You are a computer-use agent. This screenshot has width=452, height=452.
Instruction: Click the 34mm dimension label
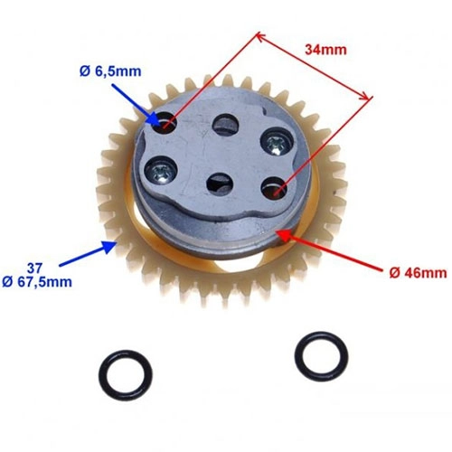click(325, 50)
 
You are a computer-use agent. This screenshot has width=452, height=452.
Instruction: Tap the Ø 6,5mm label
click(110, 71)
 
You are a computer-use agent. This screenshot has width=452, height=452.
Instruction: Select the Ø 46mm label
click(418, 273)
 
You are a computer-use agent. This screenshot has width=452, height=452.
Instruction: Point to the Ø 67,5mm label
click(37, 282)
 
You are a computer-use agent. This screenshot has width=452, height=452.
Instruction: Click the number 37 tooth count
click(35, 268)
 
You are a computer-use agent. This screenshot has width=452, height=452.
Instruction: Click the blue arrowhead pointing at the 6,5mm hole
click(155, 120)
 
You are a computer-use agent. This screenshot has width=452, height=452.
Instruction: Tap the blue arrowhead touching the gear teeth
click(110, 247)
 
